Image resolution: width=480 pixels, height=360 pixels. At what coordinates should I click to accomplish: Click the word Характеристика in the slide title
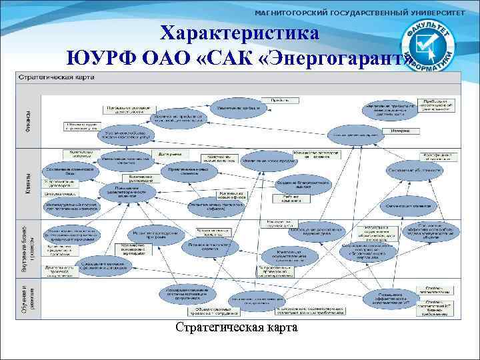pyautogui.click(x=240, y=33)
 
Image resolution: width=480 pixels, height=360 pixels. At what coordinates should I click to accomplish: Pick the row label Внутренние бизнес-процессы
pyautogui.click(x=25, y=246)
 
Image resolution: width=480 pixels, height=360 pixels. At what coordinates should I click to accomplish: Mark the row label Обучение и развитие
pyautogui.click(x=25, y=296)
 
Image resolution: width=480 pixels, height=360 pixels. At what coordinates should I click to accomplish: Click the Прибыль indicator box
pyautogui.click(x=279, y=99)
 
